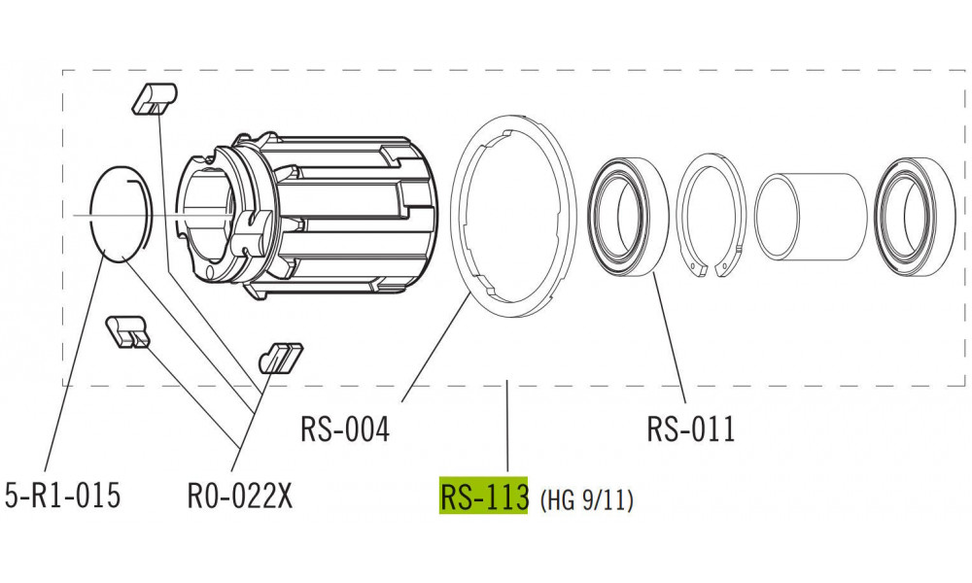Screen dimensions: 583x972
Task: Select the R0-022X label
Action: (239, 496)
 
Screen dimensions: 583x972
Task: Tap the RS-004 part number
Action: (344, 429)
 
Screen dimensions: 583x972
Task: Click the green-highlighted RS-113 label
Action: (483, 497)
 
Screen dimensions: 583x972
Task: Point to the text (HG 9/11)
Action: (586, 499)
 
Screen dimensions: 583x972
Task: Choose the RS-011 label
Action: (690, 429)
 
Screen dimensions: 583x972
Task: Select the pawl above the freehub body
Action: (153, 97)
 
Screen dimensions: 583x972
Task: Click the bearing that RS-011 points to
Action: (629, 214)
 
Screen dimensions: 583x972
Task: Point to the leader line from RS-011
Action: (670, 335)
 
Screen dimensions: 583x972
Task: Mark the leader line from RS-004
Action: (434, 350)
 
